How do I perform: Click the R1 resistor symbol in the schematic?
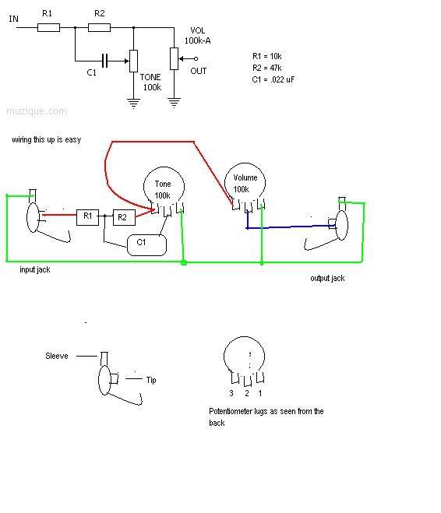tap(48, 27)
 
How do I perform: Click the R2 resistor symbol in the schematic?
tap(99, 27)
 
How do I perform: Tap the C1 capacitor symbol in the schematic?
tap(104, 61)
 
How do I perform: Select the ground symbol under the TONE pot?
tap(133, 103)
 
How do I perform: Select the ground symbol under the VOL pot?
tap(174, 103)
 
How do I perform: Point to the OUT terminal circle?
tap(196, 59)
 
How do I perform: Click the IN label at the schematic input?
tap(13, 19)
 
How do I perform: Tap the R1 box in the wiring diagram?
tap(87, 217)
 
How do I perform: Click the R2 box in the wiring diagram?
tap(124, 217)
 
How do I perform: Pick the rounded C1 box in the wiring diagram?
tap(146, 244)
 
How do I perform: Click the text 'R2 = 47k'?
tap(266, 68)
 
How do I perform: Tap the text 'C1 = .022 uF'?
tap(273, 79)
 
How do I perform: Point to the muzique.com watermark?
tap(37, 111)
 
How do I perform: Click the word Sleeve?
tap(57, 356)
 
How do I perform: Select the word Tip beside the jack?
tap(151, 380)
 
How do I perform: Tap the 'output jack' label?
tap(327, 279)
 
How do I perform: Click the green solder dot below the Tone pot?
tap(184, 262)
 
